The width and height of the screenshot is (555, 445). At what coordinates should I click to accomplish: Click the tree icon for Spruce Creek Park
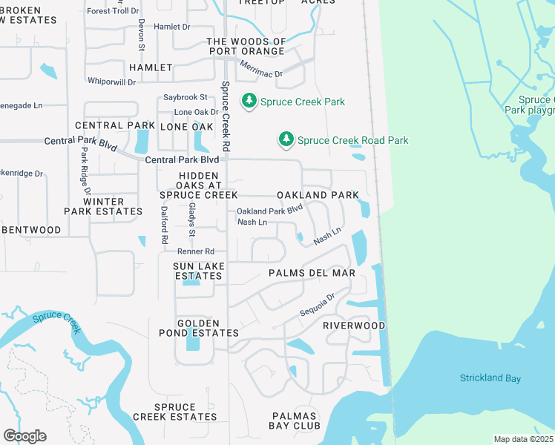pos(249,101)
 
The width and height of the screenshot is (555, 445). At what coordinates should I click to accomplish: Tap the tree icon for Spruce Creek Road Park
pos(286,139)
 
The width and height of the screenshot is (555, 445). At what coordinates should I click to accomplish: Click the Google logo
pos(24,436)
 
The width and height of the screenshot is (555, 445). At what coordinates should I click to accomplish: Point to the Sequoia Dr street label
pos(318,305)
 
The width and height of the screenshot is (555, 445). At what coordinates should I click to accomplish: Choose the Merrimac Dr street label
pos(261,70)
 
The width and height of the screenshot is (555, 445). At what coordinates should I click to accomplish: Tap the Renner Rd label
pos(195,251)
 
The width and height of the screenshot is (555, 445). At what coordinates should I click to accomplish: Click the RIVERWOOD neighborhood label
pos(354,326)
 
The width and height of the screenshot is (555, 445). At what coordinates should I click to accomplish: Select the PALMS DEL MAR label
pos(312,273)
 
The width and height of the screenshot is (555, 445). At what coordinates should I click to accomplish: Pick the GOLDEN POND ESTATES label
pos(198,329)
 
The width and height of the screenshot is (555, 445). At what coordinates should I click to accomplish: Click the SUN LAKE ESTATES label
pos(198,271)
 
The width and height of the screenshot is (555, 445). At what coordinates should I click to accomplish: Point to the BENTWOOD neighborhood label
pos(30,230)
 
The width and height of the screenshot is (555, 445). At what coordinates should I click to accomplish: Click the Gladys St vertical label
pos(191,220)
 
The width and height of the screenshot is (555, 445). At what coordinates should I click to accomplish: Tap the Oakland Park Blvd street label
pos(270,211)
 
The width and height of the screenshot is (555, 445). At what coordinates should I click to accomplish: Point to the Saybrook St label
pos(185,97)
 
